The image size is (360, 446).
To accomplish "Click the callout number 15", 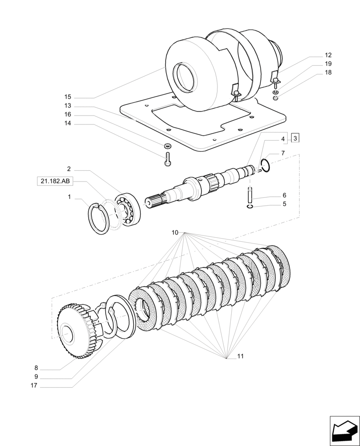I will tap(68, 97).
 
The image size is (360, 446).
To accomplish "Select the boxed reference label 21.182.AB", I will tap(55, 181).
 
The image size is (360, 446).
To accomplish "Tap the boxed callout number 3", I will tap(295, 138).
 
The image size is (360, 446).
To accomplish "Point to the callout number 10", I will tap(175, 233).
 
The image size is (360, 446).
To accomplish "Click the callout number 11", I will tap(240, 356).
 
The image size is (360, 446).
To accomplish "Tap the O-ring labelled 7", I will tap(265, 165).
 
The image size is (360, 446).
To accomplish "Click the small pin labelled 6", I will tap(251, 195).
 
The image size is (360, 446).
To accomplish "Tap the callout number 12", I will tap(328, 55).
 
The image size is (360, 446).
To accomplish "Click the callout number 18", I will tap(328, 72).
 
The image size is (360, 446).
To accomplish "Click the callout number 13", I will tap(68, 106).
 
